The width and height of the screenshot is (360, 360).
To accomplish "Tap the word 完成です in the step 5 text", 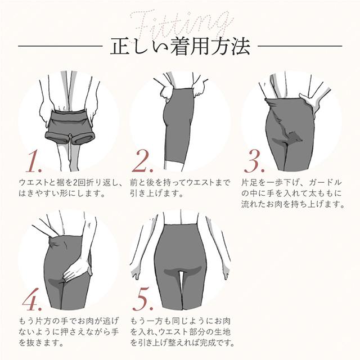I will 221,341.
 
